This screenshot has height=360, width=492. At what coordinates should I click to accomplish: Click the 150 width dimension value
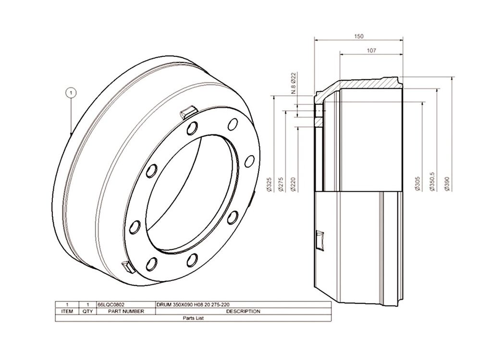tap(358, 37)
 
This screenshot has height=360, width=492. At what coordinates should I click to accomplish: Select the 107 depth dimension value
tap(371, 50)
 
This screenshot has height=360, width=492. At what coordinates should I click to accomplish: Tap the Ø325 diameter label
tap(269, 184)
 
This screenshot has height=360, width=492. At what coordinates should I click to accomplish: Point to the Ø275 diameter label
tap(281, 184)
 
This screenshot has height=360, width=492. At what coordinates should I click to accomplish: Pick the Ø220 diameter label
tap(294, 184)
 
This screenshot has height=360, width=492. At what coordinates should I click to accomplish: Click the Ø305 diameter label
tap(418, 184)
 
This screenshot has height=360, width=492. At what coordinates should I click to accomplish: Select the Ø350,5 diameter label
tap(432, 182)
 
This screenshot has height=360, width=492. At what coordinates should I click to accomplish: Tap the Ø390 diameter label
tap(447, 184)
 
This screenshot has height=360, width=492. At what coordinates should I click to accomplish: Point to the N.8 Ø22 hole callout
tap(294, 83)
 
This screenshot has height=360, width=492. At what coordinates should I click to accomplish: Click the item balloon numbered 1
tap(71, 93)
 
